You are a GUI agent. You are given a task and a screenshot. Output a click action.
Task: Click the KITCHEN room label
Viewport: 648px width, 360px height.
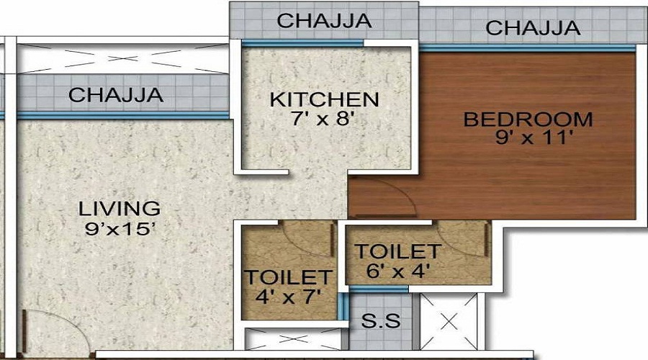click(x=324, y=99)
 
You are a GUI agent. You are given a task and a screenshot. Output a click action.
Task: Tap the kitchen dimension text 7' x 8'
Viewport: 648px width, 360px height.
click(x=323, y=119)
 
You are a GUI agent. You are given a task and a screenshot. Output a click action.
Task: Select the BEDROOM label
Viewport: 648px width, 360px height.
click(x=528, y=120)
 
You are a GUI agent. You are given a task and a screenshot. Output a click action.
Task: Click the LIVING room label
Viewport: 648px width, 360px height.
click(x=120, y=209)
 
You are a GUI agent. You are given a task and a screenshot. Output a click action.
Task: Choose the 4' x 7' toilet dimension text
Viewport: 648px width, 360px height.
click(x=288, y=297)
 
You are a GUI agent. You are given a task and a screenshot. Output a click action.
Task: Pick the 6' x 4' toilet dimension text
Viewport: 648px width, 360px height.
click(x=398, y=271)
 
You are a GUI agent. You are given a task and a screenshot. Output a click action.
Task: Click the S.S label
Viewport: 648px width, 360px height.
click(x=381, y=320)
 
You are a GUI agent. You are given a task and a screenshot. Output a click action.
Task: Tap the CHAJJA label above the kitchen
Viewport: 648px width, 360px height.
click(x=324, y=21)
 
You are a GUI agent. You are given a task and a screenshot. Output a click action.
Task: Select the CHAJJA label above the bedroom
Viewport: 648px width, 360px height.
click(x=533, y=27)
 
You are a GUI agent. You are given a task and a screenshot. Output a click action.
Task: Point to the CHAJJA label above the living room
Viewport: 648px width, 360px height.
click(x=116, y=94)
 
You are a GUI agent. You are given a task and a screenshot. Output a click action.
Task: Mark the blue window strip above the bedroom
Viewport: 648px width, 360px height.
click(x=527, y=48)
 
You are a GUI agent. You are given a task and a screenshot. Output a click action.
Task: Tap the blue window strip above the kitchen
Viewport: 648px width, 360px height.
click(x=302, y=43)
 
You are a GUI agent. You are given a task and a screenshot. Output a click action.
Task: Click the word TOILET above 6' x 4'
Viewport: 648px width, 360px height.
click(x=398, y=252)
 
